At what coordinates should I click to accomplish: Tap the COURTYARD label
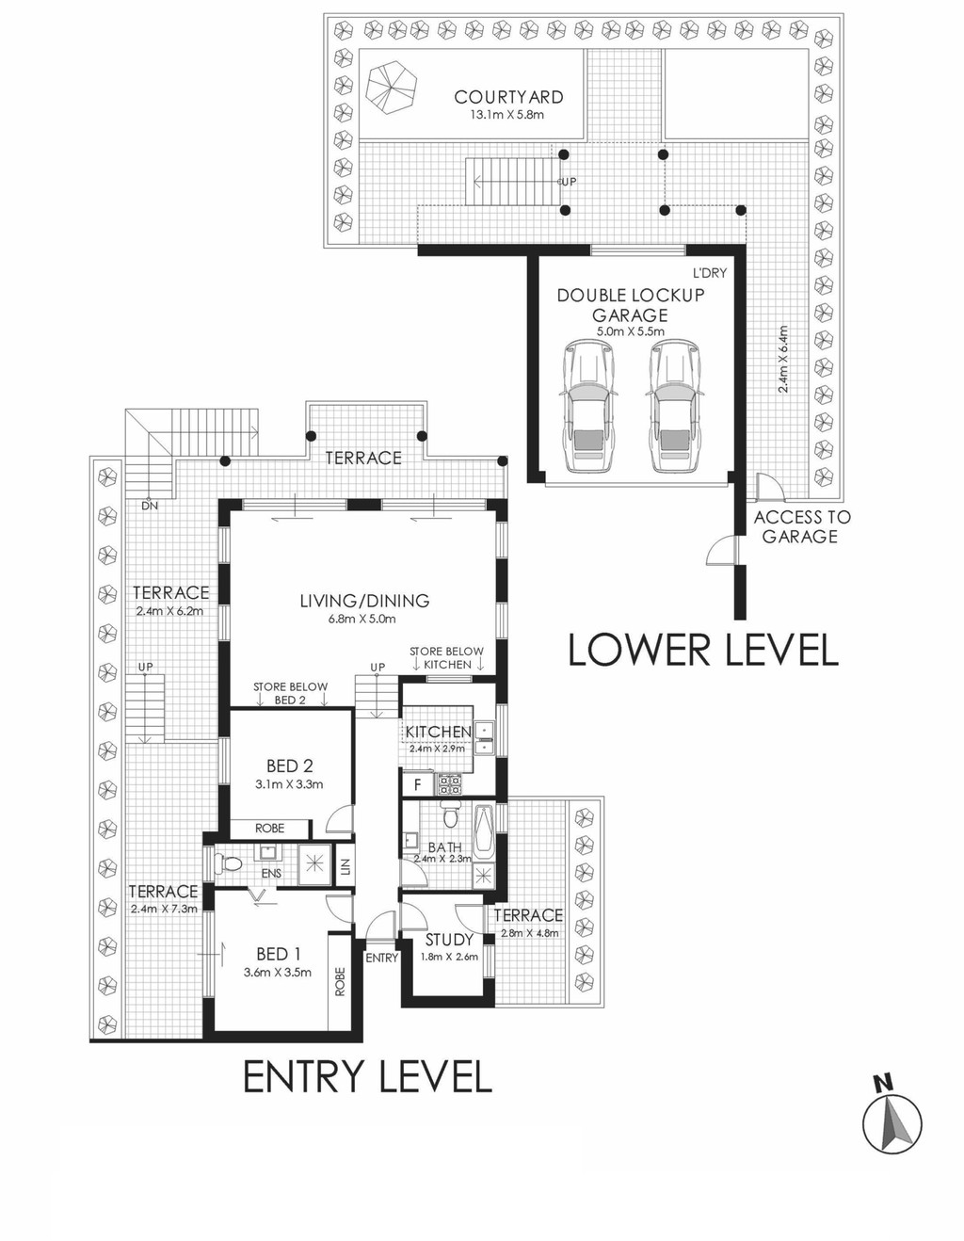(508, 97)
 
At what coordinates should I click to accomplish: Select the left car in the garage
(589, 406)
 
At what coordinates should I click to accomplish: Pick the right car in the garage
(675, 406)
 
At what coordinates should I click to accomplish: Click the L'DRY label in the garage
(710, 273)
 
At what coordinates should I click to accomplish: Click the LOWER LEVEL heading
(703, 650)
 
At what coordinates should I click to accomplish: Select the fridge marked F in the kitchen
(417, 784)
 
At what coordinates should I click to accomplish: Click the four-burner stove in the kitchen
(449, 784)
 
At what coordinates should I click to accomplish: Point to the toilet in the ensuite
(227, 862)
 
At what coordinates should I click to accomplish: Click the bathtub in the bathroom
(484, 834)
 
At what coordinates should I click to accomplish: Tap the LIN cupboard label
(345, 867)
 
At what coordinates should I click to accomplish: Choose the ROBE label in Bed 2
(269, 828)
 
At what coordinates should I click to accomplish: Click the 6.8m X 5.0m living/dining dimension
(364, 619)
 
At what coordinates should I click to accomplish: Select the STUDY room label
(449, 940)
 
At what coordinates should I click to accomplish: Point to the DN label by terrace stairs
(150, 506)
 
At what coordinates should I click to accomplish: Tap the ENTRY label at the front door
(381, 958)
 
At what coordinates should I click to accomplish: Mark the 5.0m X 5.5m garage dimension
(629, 331)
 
